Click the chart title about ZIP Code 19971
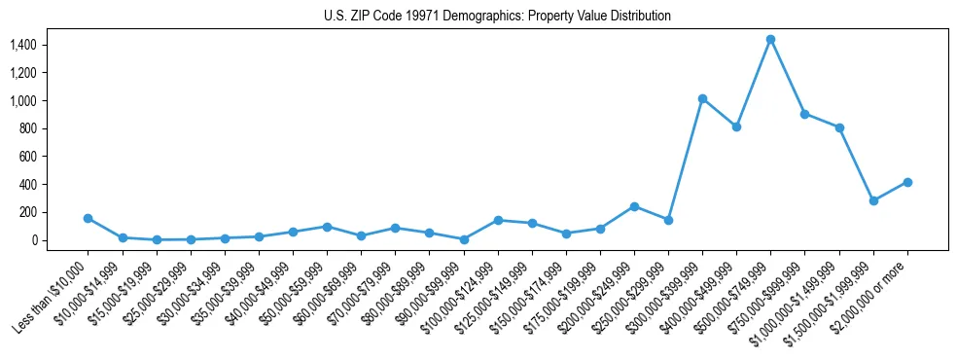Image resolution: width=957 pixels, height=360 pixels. click(x=497, y=17)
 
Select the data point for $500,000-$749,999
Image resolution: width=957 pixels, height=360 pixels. click(x=770, y=39)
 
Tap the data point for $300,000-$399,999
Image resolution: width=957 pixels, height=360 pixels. click(x=702, y=98)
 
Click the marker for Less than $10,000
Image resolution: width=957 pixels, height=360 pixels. click(x=88, y=218)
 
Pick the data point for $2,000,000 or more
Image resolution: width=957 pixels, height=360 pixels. click(x=907, y=182)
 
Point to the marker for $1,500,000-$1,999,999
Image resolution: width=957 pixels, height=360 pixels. click(x=873, y=200)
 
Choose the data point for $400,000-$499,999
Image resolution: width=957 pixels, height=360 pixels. click(x=736, y=126)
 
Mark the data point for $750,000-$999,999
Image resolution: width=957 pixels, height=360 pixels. click(x=804, y=114)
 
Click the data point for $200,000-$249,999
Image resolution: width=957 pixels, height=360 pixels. click(x=634, y=206)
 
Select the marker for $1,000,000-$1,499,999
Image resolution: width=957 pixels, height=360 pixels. click(x=839, y=127)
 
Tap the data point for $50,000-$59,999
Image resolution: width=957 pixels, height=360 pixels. click(x=327, y=227)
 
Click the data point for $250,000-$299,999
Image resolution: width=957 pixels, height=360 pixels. click(x=668, y=220)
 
